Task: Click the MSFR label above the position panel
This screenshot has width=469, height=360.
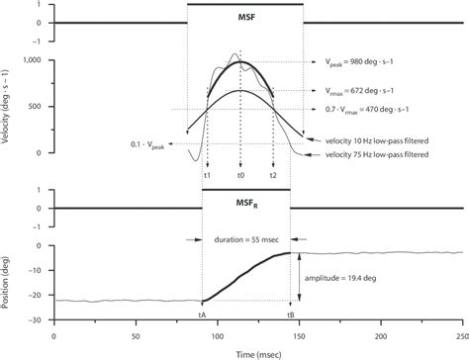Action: [x=245, y=204]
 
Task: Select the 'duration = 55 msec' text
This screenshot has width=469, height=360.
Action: [x=245, y=239]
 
